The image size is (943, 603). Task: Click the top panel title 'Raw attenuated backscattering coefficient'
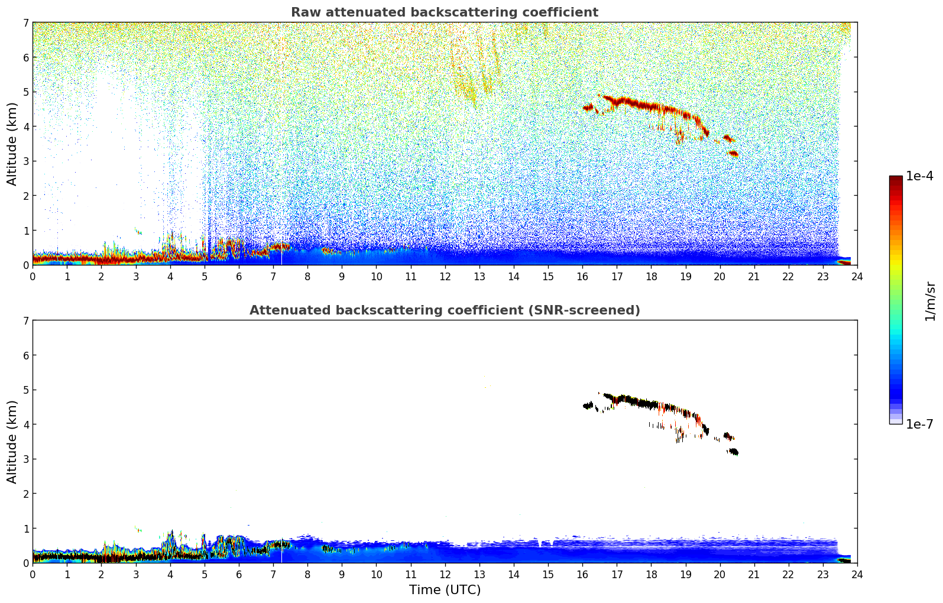tap(444, 12)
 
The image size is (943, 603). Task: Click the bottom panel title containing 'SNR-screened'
tap(444, 310)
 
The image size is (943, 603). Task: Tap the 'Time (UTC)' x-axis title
tap(445, 590)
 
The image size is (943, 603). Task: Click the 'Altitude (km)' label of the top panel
tap(12, 144)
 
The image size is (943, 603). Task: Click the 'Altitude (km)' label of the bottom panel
tap(12, 442)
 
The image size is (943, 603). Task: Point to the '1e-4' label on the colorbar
tap(919, 176)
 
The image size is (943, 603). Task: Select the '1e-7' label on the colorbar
tap(919, 424)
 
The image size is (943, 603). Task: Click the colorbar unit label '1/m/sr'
tap(930, 301)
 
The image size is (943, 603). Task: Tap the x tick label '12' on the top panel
tap(445, 276)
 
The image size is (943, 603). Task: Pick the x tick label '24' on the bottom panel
tap(857, 574)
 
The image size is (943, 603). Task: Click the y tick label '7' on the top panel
tap(25, 22)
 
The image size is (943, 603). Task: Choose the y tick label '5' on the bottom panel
tap(25, 390)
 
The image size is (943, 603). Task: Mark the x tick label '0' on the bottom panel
tap(33, 574)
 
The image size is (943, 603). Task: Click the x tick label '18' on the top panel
tap(651, 276)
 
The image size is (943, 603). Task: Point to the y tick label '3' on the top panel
tap(25, 161)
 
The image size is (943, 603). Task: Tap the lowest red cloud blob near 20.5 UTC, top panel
tap(734, 154)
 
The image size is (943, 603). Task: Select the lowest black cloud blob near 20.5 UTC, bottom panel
tap(734, 452)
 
